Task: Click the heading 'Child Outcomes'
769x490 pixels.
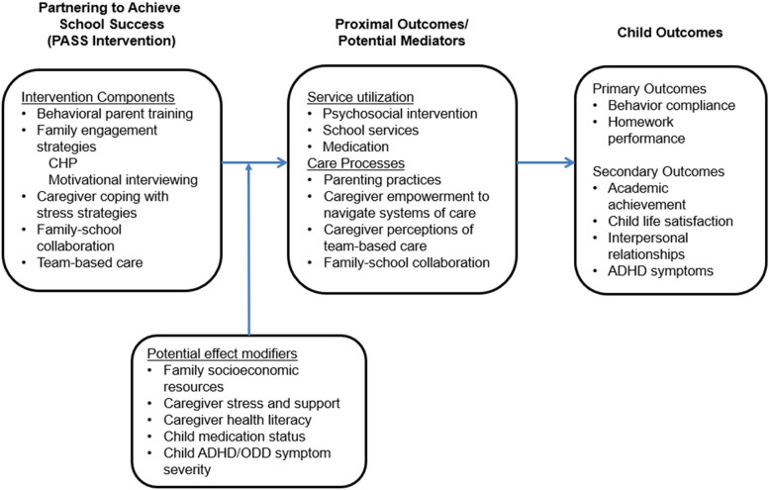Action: coord(669,33)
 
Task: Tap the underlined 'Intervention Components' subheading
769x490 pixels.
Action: coord(98,97)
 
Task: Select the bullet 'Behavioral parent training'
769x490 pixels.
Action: coord(115,114)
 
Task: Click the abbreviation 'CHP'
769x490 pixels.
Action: coord(63,163)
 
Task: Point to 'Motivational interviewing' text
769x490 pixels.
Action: coord(123,180)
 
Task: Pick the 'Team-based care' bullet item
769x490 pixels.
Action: coord(90,262)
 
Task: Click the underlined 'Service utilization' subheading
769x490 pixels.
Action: coord(360,97)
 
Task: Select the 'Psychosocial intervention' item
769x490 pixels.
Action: coord(400,114)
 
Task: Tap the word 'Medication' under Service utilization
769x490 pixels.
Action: coord(355,147)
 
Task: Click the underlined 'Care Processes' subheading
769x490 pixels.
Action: coord(356,163)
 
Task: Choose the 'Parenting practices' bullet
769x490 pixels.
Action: coord(382,180)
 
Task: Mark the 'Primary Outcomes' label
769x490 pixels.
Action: coord(649,89)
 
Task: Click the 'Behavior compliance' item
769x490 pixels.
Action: coord(671,106)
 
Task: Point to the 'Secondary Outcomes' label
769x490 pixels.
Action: coord(658,171)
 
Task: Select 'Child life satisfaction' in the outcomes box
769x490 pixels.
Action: coord(670,221)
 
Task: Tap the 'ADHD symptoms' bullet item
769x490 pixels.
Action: coord(660,271)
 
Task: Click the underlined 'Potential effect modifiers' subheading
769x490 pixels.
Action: coord(222,353)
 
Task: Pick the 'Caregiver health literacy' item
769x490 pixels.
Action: coord(238,420)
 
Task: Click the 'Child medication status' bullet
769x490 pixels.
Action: coord(235,437)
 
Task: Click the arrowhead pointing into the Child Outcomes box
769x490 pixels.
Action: coord(569,162)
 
